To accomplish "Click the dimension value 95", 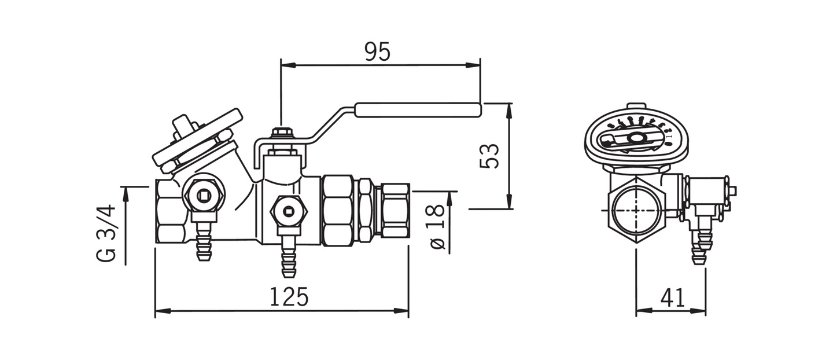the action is point(378,52).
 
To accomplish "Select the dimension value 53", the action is point(490,156).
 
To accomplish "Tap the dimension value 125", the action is point(289,297).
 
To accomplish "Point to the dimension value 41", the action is point(672,298).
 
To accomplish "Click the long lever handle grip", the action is point(417,110).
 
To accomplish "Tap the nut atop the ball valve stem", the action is point(281,134).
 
